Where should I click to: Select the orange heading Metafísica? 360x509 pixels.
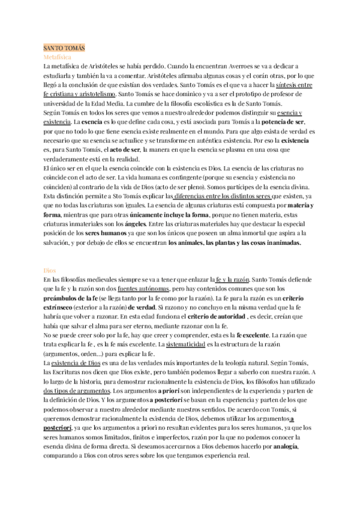[x=58, y=56]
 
